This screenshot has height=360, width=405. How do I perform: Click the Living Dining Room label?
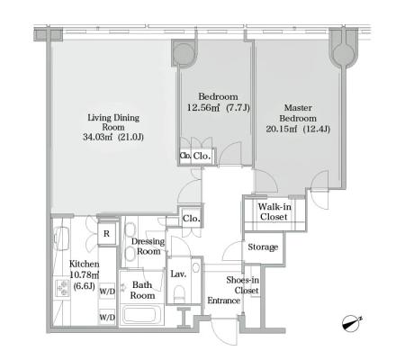pyautogui.click(x=113, y=122)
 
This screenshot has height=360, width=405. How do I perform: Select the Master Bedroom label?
pyautogui.click(x=298, y=112)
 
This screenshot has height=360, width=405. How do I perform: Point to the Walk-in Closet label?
pyautogui.click(x=274, y=211)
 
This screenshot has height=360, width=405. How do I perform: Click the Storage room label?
pyautogui.click(x=263, y=247)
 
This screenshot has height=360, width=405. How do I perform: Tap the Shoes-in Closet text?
pyautogui.click(x=243, y=285)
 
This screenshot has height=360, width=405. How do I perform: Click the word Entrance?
pyautogui.click(x=224, y=301)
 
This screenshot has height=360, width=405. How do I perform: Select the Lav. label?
pyautogui.click(x=178, y=274)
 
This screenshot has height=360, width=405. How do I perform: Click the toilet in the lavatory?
pyautogui.click(x=180, y=293)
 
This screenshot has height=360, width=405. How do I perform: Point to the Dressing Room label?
pyautogui.click(x=148, y=247)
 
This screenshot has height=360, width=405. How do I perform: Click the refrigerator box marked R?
pyautogui.click(x=106, y=234)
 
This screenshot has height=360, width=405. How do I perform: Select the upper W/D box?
pyautogui.click(x=107, y=291)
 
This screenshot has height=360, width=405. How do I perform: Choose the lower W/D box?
pyautogui.click(x=107, y=317)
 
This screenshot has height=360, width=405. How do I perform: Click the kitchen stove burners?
pyautogui.click(x=63, y=288)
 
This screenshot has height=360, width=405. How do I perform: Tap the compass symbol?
pyautogui.click(x=352, y=323)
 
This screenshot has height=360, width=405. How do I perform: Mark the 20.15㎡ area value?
pyautogui.click(x=282, y=129)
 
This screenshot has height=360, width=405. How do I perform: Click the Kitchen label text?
pyautogui.click(x=84, y=264)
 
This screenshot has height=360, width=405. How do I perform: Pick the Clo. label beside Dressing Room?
pyautogui.click(x=192, y=218)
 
